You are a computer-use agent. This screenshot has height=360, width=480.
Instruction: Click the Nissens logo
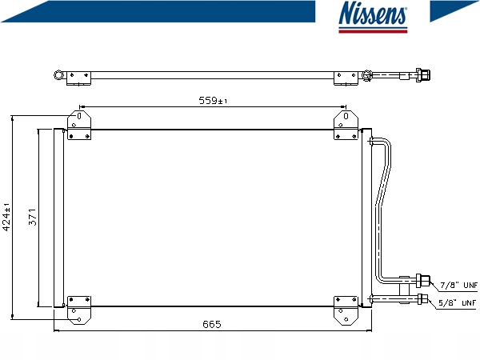click(373, 17)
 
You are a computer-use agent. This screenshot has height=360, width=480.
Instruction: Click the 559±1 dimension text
click(213, 101)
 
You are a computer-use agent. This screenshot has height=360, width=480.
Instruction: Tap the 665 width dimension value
click(212, 324)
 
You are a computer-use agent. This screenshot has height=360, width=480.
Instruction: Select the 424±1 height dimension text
click(6, 217)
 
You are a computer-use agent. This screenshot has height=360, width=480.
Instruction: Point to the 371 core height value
click(33, 217)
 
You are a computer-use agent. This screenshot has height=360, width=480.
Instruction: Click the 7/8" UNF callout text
click(458, 286)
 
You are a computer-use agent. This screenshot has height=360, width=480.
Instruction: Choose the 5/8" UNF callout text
click(458, 303)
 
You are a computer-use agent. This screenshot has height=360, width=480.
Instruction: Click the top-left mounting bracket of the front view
click(79, 126)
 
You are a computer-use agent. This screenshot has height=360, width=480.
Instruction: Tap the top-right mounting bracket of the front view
click(346, 126)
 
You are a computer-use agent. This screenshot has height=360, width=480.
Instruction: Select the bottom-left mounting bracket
click(79, 310)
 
